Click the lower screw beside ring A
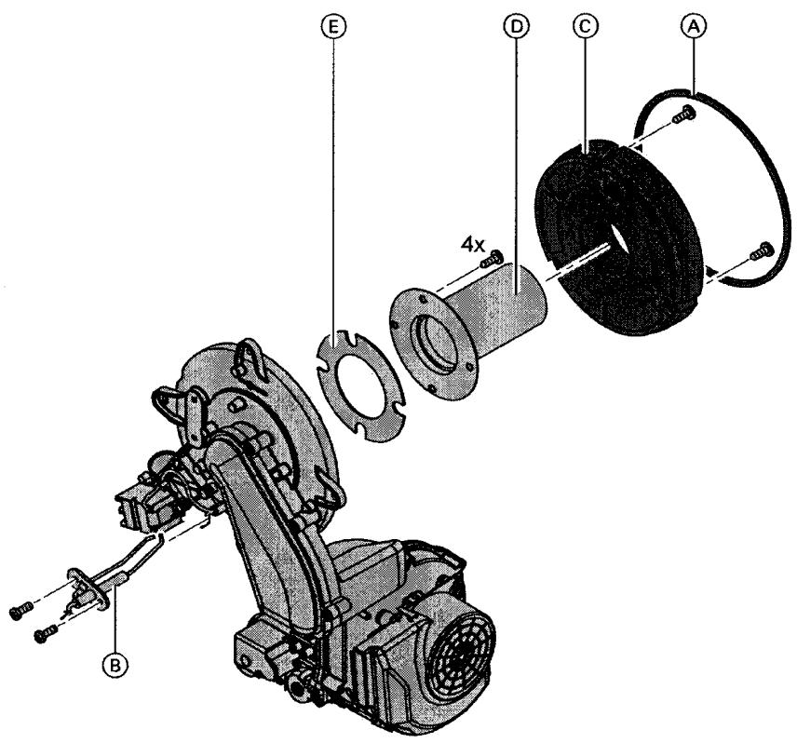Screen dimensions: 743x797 tap(762, 248)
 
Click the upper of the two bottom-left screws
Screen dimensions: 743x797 tap(20, 612)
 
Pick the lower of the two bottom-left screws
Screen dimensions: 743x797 tap(42, 636)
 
